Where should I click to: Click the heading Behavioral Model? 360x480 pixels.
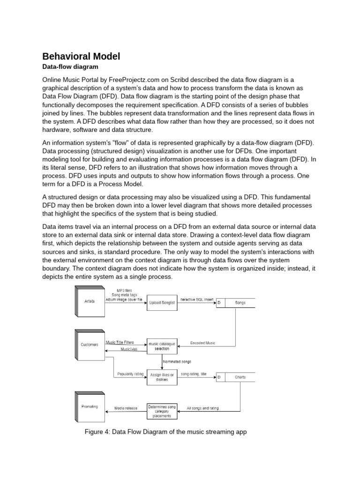[81, 57]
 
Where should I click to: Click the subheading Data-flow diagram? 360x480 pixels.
[70, 67]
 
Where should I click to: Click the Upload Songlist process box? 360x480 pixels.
[162, 303]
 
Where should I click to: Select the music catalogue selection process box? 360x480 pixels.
[162, 347]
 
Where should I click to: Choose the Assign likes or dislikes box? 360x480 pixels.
[162, 377]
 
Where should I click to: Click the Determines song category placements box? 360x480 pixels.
[162, 411]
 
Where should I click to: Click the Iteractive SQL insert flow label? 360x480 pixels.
[197, 299]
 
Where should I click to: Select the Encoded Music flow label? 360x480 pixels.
[203, 343]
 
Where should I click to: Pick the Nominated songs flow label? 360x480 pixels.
[176, 362]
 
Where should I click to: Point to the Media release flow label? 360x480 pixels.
[126, 408]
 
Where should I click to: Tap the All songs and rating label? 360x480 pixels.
[202, 408]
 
